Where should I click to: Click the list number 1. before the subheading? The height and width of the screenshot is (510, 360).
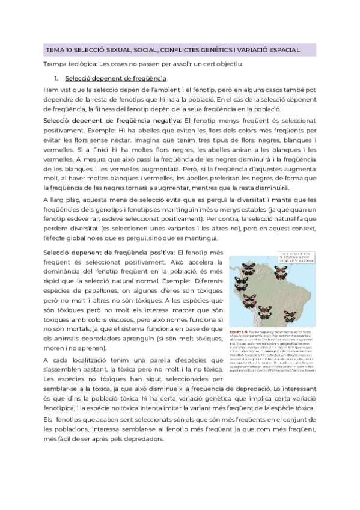tap(56, 79)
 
